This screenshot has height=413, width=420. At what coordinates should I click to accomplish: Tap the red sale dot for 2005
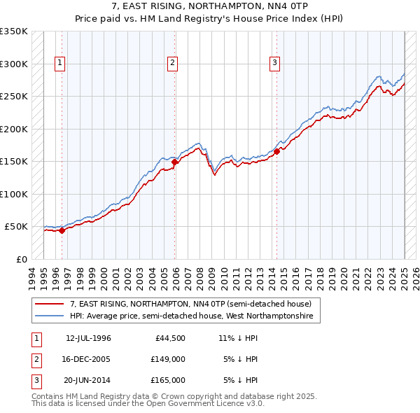[174, 162]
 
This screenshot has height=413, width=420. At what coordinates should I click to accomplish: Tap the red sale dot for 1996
[62, 230]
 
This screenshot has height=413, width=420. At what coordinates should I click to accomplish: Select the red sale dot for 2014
[277, 151]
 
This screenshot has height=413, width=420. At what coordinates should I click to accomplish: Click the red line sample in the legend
[49, 304]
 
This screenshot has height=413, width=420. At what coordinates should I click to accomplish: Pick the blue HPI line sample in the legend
[49, 316]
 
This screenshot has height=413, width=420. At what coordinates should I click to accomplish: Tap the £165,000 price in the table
[168, 380]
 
